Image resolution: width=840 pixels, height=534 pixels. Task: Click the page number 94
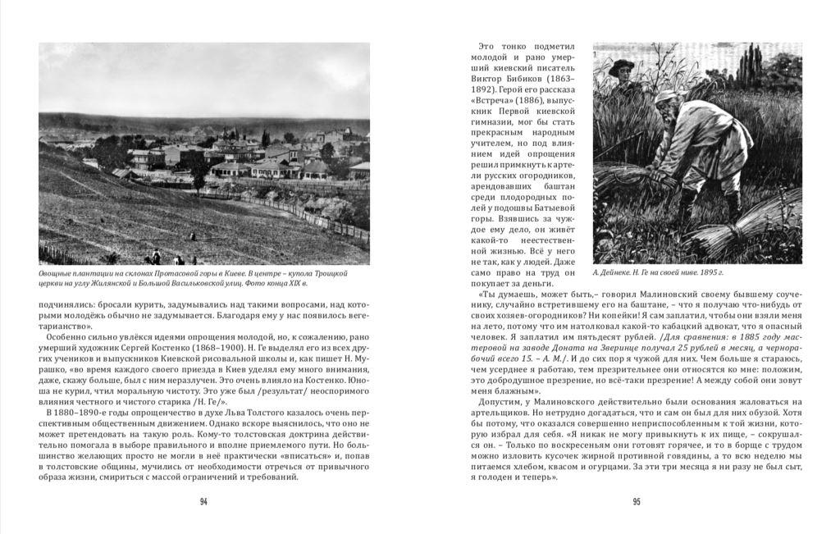point(203,502)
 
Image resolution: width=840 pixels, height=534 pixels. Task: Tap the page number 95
point(636,502)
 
